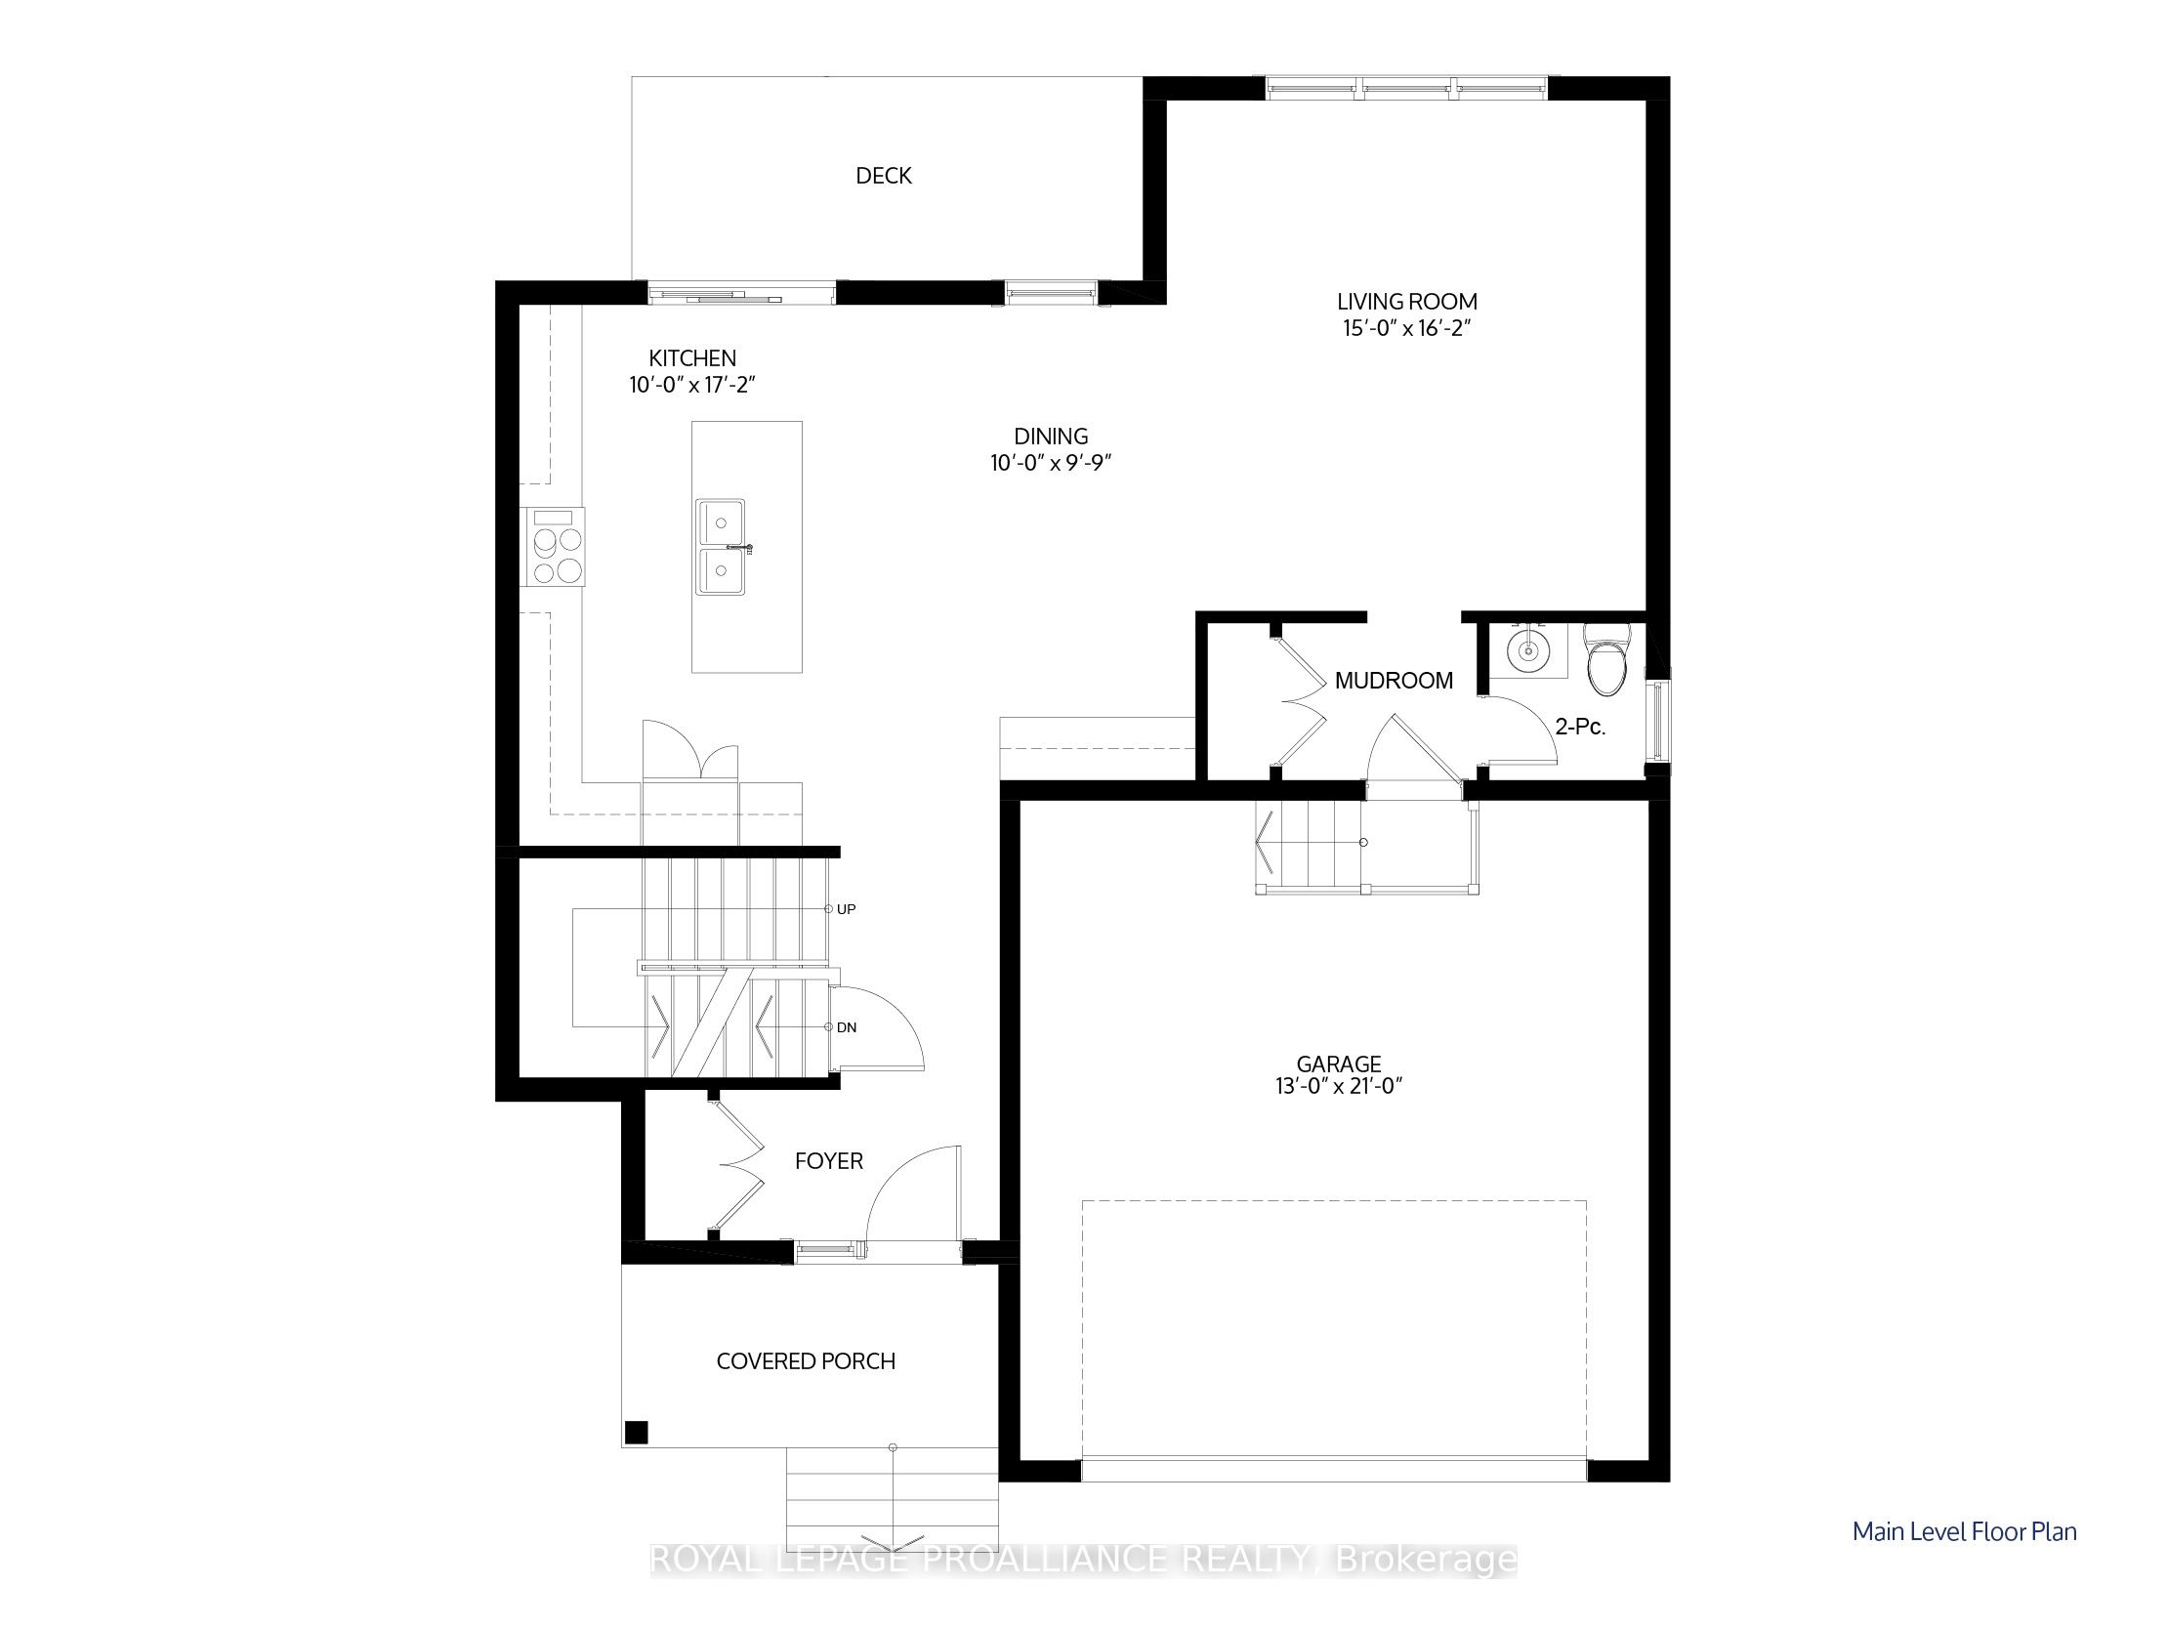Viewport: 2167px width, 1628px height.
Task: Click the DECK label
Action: [x=884, y=176]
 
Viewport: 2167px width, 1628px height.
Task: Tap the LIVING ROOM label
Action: [x=1407, y=302]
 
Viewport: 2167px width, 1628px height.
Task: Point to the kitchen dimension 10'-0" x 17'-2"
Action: [x=692, y=385]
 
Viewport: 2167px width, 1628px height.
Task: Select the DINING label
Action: [x=1050, y=437]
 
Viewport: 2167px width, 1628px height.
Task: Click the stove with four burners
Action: [x=553, y=547]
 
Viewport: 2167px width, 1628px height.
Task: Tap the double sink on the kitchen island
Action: [x=722, y=547]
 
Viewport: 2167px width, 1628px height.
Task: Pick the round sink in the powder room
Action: [x=1526, y=647]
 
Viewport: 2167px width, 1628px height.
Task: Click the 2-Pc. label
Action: [x=1580, y=728]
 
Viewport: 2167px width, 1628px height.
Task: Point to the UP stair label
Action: [x=847, y=909]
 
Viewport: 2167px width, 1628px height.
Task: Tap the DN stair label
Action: [x=847, y=1027]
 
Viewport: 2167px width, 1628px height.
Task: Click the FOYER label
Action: [x=829, y=1162]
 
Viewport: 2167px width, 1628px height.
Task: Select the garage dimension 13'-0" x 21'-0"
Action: [x=1339, y=1086]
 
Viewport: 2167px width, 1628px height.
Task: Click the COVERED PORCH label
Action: [x=806, y=1361]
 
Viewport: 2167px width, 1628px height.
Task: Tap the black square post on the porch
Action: [x=637, y=1432]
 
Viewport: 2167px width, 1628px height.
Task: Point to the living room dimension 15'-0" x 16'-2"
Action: [x=1407, y=328]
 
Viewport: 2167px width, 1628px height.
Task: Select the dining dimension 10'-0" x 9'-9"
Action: [x=1050, y=462]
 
